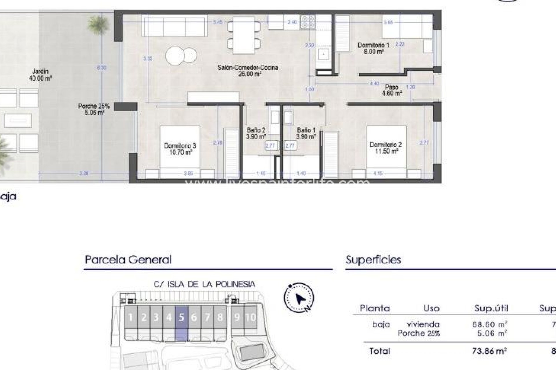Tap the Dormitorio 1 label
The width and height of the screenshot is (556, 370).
(374, 48)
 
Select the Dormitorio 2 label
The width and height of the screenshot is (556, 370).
(385, 148)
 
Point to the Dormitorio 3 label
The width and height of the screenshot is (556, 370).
(180, 149)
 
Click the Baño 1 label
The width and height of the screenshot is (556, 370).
(306, 133)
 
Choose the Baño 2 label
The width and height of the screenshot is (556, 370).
(256, 133)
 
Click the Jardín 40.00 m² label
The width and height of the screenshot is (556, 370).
(40, 75)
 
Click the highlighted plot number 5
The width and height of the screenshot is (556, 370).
(182, 317)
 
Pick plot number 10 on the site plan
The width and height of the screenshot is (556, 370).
(250, 317)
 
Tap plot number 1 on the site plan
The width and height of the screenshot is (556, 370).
(131, 317)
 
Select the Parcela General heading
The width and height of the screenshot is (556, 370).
(128, 260)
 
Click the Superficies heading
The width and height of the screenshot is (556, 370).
(373, 260)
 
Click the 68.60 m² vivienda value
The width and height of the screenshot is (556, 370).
(489, 324)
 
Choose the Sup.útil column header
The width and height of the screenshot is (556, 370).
(491, 308)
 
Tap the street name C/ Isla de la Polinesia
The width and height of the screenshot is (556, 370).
(204, 284)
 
